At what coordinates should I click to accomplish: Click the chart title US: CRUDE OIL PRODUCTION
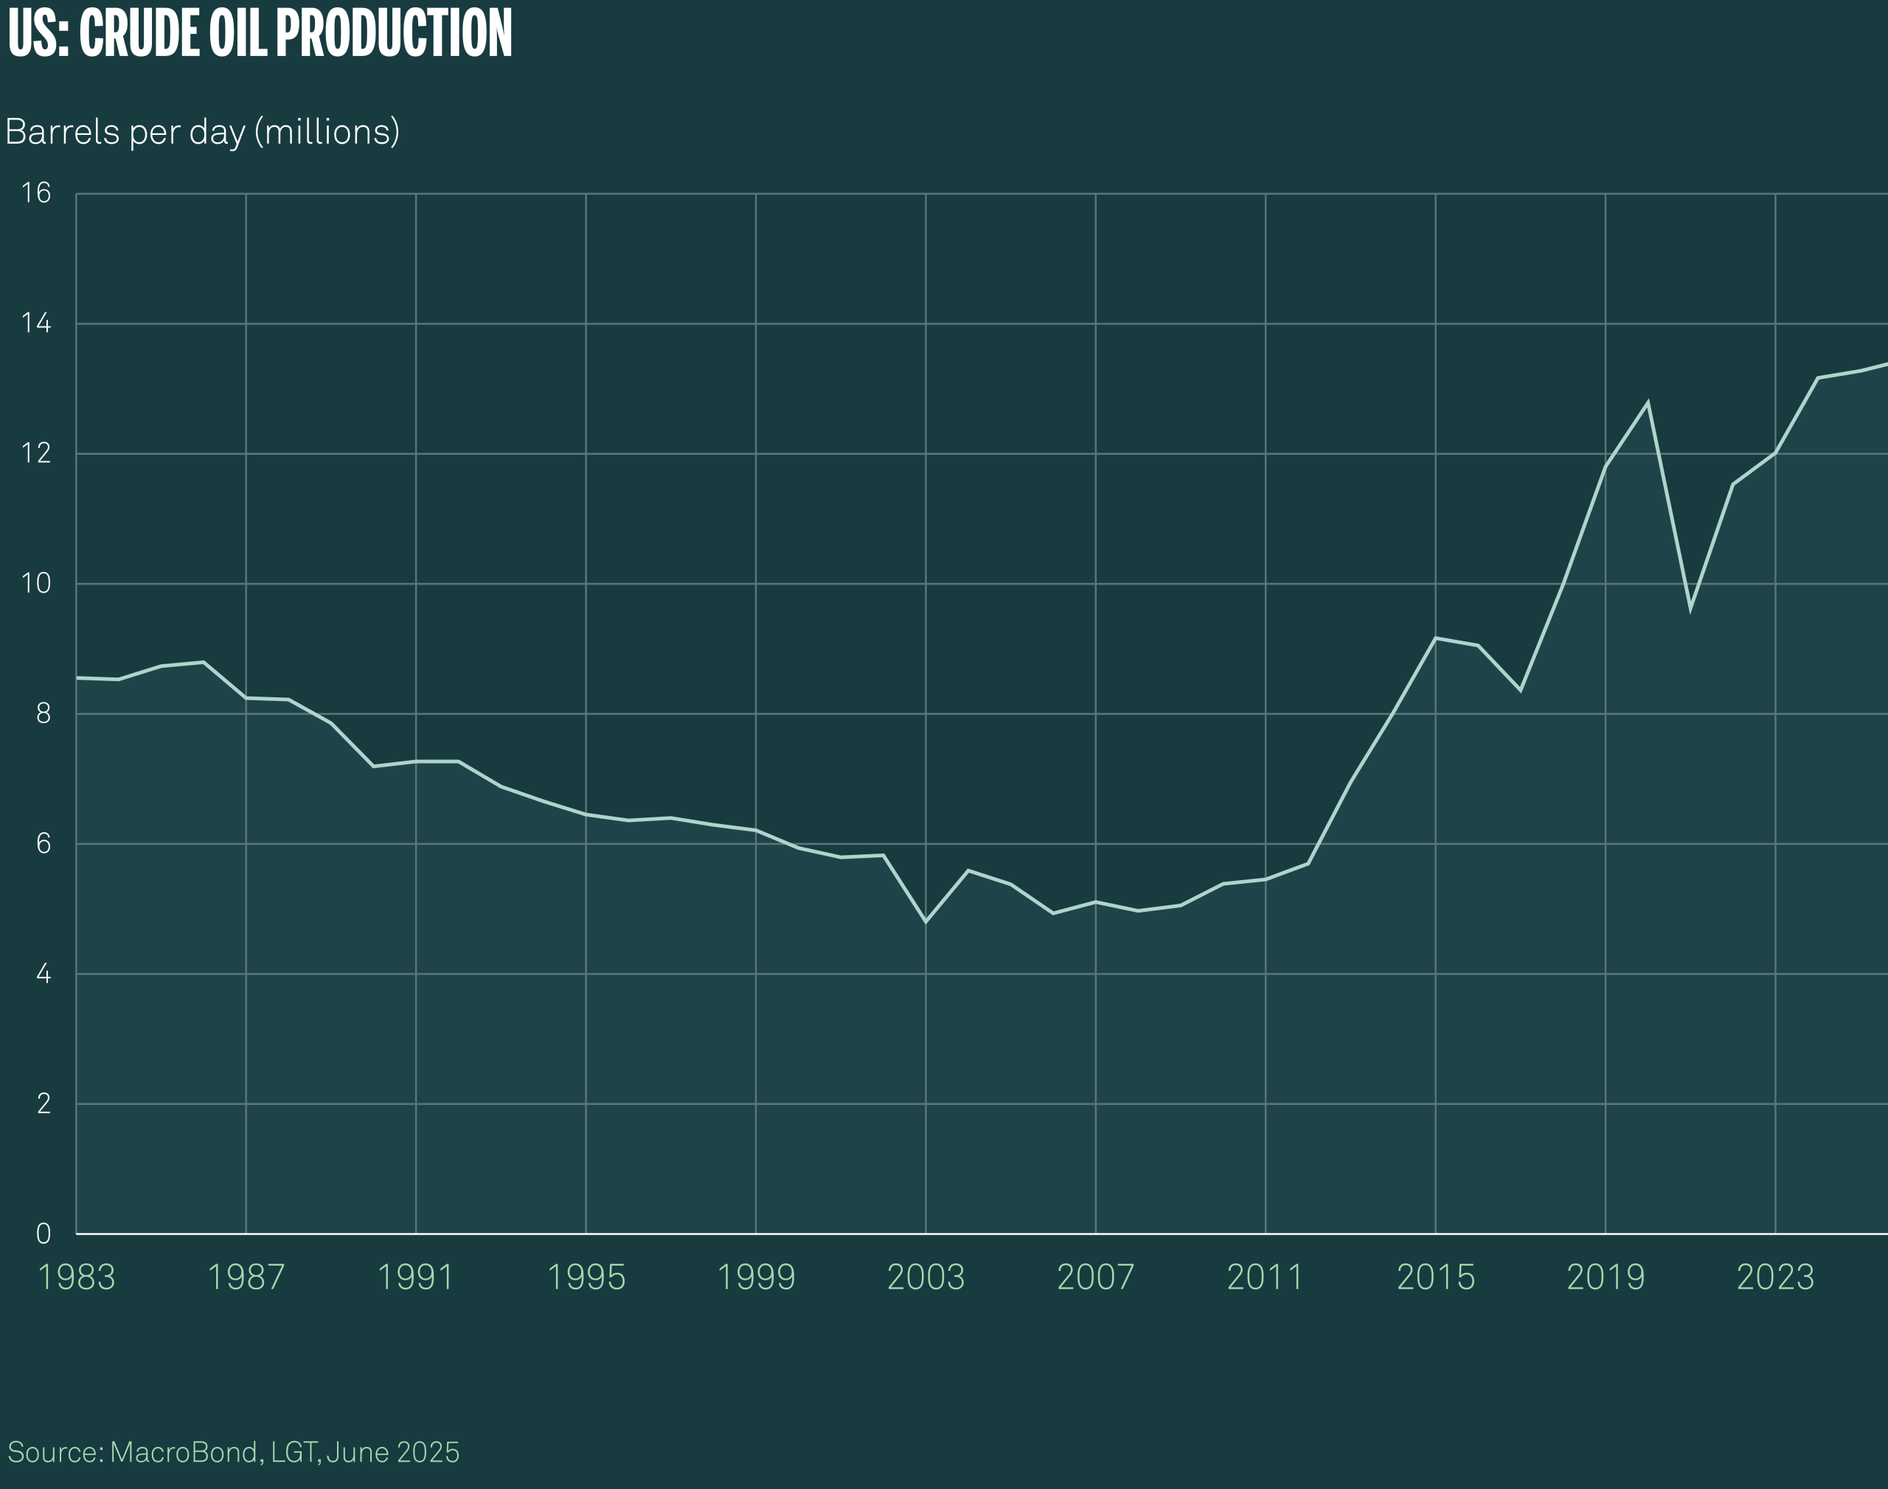260,33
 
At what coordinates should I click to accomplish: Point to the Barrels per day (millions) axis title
202,132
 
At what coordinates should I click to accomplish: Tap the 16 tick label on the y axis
37,192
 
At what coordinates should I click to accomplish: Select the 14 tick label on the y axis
37,324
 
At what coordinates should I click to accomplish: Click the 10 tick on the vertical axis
37,583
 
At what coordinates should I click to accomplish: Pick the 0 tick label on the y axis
43,1233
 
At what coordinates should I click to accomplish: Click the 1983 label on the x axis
77,1278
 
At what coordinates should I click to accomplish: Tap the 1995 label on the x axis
586,1278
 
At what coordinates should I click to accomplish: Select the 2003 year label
926,1278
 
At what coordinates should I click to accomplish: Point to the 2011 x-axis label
1266,1278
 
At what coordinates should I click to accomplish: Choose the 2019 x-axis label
1606,1278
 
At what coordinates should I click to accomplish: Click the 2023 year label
1775,1278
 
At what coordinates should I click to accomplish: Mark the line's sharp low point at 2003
926,921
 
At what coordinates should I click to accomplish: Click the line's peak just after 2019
1648,402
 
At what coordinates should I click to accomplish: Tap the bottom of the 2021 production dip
1690,610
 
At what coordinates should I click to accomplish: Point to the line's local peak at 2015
1435,638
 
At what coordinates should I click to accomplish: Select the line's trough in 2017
1521,691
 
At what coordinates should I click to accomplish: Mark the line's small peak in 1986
204,663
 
